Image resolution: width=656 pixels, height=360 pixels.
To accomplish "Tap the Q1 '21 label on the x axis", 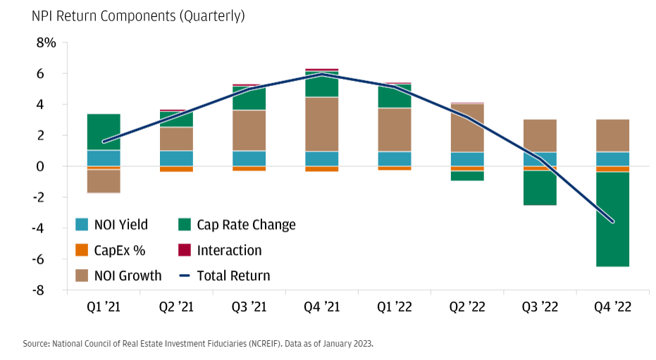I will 103,307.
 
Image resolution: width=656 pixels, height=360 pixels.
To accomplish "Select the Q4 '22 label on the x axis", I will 612,307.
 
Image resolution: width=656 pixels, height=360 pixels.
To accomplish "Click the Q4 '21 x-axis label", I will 321,307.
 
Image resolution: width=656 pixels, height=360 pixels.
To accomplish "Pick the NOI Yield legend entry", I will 120,225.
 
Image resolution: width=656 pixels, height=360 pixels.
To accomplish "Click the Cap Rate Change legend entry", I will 246,225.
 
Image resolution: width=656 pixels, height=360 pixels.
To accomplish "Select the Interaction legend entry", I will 229,250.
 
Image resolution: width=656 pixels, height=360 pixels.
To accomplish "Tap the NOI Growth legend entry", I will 128,275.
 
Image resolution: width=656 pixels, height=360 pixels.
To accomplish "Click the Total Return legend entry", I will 233,275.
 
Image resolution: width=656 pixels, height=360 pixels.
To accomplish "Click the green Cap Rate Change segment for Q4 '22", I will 612,219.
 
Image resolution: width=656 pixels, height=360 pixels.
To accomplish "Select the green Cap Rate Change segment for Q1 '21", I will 104,132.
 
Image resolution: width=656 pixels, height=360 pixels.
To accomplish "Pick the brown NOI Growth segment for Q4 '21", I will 321,124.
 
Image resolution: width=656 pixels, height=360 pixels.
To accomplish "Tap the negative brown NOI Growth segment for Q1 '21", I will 104,181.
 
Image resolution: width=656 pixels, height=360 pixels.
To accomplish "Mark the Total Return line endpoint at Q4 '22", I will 612,222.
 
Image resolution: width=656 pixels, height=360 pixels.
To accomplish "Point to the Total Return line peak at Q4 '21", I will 321,74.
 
